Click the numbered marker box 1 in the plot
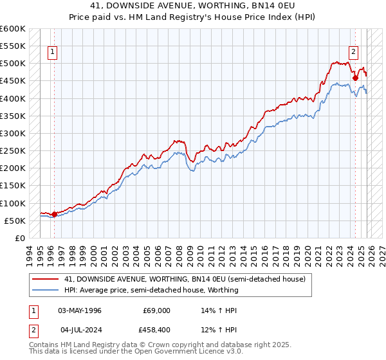pos(52,53)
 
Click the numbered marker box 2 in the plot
pos(354,53)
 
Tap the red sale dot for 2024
pos(356,78)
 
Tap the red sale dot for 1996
pos(54,214)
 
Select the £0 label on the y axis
pos(19,238)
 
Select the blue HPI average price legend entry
pos(151,290)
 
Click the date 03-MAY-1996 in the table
pos(80,310)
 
